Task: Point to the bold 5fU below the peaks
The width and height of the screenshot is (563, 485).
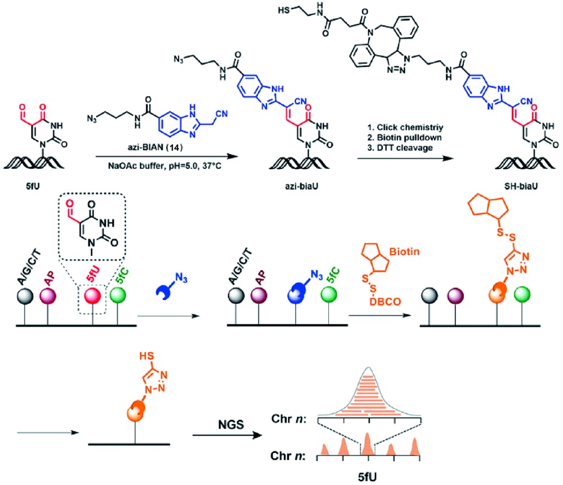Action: [x=367, y=477]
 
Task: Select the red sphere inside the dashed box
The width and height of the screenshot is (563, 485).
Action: [x=94, y=295]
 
